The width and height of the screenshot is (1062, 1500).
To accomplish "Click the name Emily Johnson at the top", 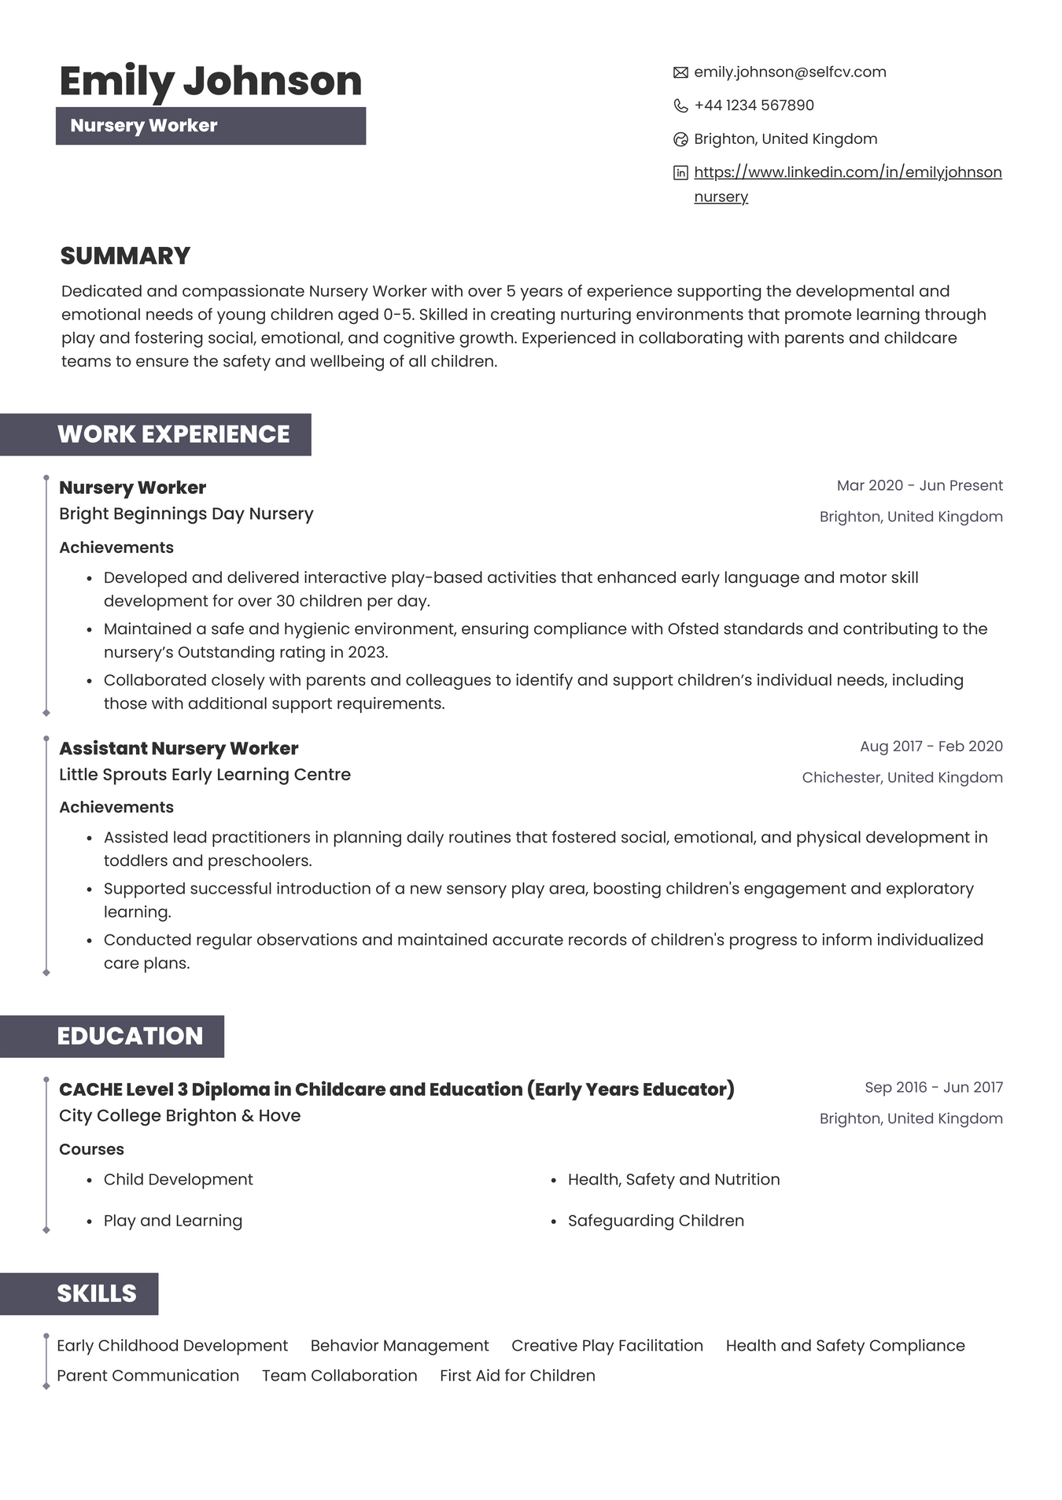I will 210,82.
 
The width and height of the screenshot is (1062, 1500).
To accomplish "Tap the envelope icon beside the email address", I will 680,73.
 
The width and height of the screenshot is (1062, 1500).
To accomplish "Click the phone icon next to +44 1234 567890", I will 680,106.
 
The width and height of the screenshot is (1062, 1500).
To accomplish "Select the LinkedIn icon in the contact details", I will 680,173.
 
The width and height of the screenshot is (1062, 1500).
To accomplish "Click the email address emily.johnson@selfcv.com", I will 790,72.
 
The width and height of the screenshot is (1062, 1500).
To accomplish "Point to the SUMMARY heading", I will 125,256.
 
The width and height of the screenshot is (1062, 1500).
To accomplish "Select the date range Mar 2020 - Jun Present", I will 919,486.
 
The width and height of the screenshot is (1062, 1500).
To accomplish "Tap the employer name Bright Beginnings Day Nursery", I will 186,514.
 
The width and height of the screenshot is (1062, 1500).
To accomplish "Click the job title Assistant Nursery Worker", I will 179,749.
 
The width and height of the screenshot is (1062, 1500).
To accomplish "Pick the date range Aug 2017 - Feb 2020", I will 931,746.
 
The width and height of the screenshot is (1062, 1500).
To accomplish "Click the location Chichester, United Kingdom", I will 902,778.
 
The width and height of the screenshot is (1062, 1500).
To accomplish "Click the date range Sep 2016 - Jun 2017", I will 933,1088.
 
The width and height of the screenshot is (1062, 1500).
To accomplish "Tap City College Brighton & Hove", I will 179,1116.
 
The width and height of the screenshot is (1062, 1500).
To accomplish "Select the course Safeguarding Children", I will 655,1221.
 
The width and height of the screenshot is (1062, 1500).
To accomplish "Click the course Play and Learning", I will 172,1221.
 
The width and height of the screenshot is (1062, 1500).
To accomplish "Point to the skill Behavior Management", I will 399,1346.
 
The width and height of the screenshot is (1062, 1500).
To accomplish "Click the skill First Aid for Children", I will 517,1376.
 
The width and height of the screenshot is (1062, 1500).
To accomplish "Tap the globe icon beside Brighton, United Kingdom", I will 680,140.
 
